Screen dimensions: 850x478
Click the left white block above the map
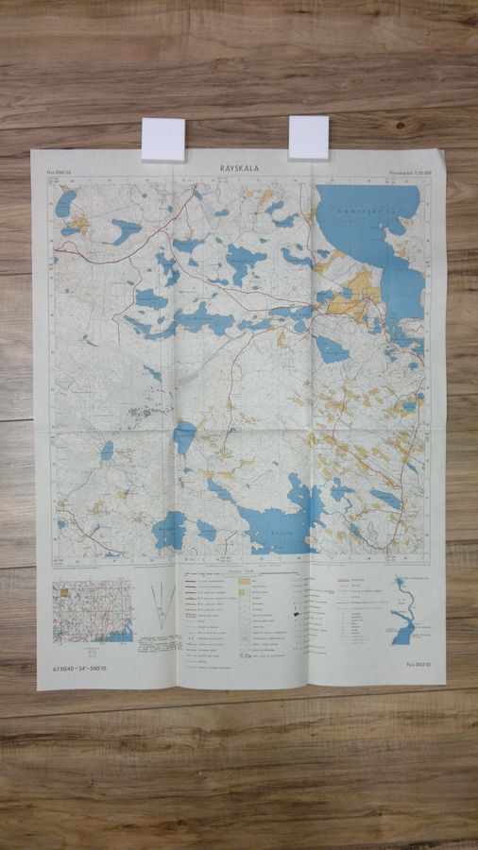pos(162,139)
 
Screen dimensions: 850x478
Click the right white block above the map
pos(308,137)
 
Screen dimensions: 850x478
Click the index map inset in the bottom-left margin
pos(92,611)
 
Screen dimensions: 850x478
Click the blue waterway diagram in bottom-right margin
pos(405,613)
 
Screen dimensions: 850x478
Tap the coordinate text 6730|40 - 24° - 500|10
pos(88,669)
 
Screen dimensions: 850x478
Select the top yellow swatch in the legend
pos(244,579)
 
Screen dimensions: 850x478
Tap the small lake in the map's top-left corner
pos(64,201)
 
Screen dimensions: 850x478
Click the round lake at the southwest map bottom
pos(170,531)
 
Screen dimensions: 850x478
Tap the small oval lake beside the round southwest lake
pos(206,530)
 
